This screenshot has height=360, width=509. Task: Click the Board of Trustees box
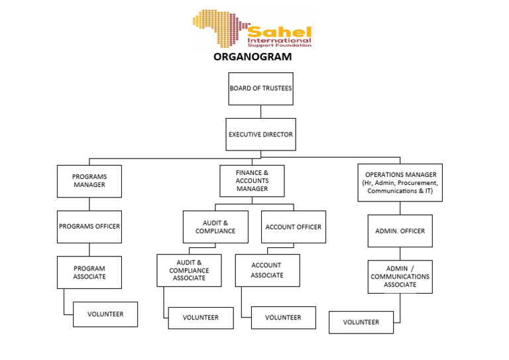(x=260, y=89)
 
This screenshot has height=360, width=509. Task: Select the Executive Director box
(x=260, y=135)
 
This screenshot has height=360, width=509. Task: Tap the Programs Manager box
(x=89, y=181)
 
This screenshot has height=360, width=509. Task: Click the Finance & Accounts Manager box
(x=252, y=181)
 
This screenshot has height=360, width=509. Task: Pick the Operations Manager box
(x=400, y=182)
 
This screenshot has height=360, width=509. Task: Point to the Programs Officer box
(x=89, y=227)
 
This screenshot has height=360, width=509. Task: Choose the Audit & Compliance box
(x=215, y=227)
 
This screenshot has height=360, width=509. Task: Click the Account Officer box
(x=293, y=227)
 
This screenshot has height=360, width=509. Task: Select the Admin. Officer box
(x=400, y=231)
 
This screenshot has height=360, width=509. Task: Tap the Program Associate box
(x=89, y=272)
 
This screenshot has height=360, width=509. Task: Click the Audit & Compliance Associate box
(x=189, y=270)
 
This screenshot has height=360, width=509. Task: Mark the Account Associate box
(x=267, y=270)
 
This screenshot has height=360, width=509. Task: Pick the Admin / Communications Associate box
(x=400, y=276)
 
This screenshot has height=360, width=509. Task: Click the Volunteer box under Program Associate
(x=105, y=314)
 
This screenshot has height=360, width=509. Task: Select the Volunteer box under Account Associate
(x=283, y=318)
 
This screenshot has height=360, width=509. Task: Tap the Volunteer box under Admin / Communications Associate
(x=361, y=322)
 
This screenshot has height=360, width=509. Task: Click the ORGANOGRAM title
(x=252, y=58)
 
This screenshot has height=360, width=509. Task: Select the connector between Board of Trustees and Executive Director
(x=260, y=111)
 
